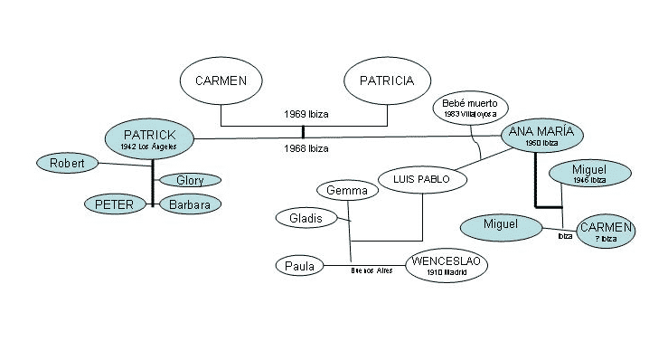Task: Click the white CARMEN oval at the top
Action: pyautogui.click(x=221, y=81)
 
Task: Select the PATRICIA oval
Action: pyautogui.click(x=387, y=81)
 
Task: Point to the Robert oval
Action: pyautogui.click(x=66, y=163)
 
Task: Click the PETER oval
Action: pyautogui.click(x=114, y=204)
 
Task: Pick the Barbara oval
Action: pyautogui.click(x=190, y=204)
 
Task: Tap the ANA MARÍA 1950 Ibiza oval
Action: pyautogui.click(x=542, y=136)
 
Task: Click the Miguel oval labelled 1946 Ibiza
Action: pyautogui.click(x=588, y=173)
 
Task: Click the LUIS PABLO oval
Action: pyautogui.click(x=421, y=179)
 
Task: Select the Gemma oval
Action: pyautogui.click(x=346, y=191)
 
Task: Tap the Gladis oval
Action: pyautogui.click(x=306, y=218)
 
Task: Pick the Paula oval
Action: pyautogui.click(x=299, y=266)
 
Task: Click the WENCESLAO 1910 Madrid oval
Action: pyautogui.click(x=447, y=266)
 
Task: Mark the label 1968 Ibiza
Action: pyautogui.click(x=306, y=148)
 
